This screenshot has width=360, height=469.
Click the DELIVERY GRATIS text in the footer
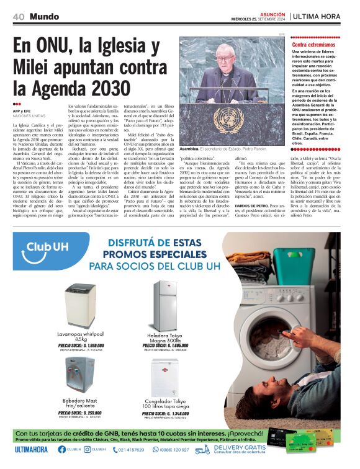(239, 447)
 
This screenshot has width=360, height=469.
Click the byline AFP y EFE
(22, 110)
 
